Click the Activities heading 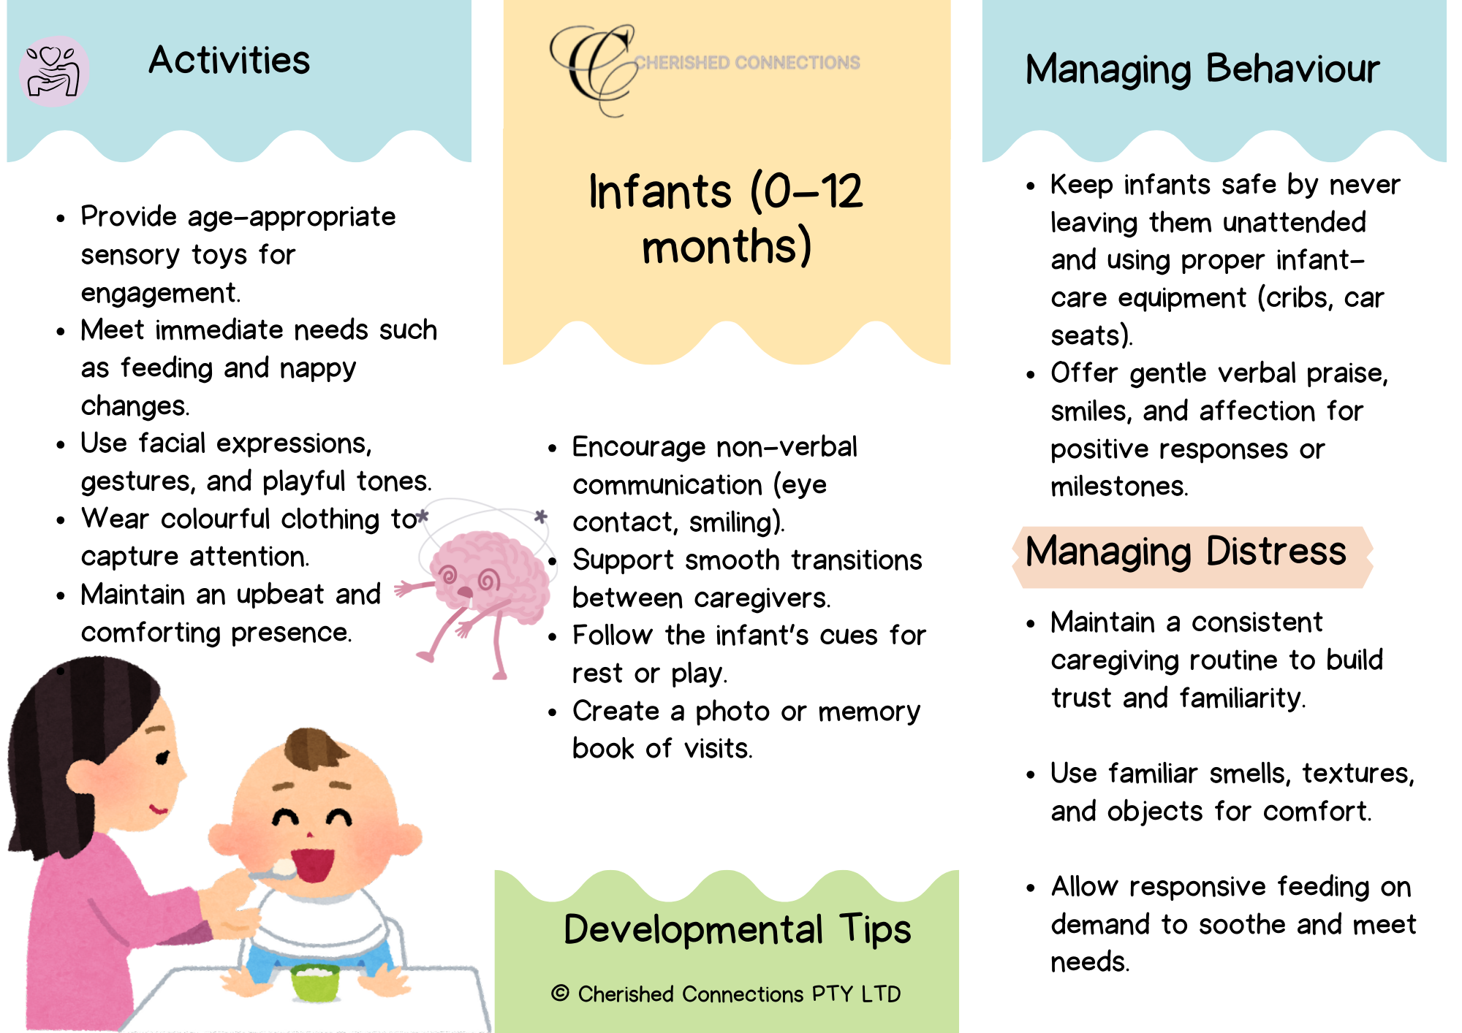(229, 60)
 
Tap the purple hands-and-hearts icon (53, 72)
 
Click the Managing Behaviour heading (1202, 70)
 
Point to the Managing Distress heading (1186, 552)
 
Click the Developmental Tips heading (738, 930)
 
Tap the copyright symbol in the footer (560, 993)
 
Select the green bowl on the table (315, 982)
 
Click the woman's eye (162, 758)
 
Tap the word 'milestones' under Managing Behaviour (1118, 487)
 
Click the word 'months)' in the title (727, 246)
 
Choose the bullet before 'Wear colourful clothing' (61, 521)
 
